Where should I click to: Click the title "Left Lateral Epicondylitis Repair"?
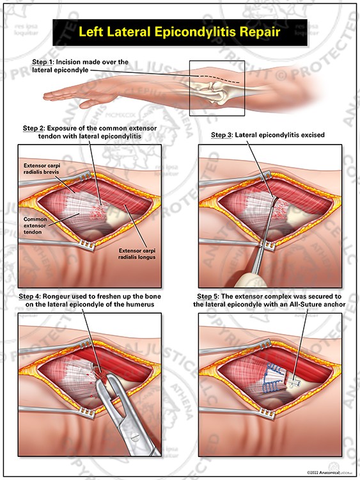point(179,30)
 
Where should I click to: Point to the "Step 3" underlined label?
point(224,136)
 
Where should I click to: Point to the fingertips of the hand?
point(49,97)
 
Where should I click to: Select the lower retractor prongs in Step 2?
point(86,244)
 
